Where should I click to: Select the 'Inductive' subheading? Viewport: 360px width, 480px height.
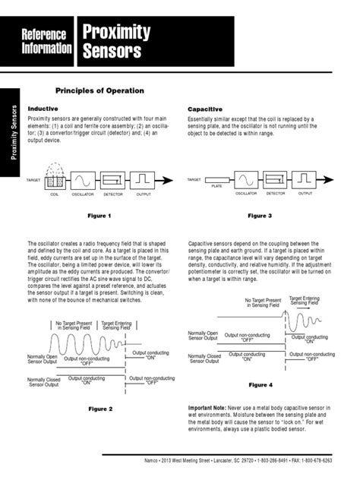[x=43, y=109]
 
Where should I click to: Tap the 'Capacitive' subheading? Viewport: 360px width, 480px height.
[x=205, y=109]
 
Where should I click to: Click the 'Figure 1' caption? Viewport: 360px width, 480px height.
[x=100, y=216]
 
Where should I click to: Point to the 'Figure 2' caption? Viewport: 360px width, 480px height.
[x=100, y=409]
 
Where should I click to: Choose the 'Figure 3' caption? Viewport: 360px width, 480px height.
[x=260, y=216]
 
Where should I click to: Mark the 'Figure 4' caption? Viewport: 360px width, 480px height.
[x=260, y=385]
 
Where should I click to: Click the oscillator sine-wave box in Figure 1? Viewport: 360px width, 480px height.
[x=81, y=180]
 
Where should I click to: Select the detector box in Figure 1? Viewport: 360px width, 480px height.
[x=112, y=180]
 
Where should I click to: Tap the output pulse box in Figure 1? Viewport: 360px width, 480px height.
[x=143, y=180]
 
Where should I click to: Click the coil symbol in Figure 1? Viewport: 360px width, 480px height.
[x=53, y=181]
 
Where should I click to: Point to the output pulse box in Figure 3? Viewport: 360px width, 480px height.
[x=305, y=180]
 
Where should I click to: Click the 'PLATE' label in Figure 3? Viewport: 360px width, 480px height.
[x=216, y=185]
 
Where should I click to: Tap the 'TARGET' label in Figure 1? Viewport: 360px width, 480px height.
[x=33, y=180]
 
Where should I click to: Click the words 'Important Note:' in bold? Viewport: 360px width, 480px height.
[x=211, y=406]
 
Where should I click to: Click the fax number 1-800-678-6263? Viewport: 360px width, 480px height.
[x=332, y=460]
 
